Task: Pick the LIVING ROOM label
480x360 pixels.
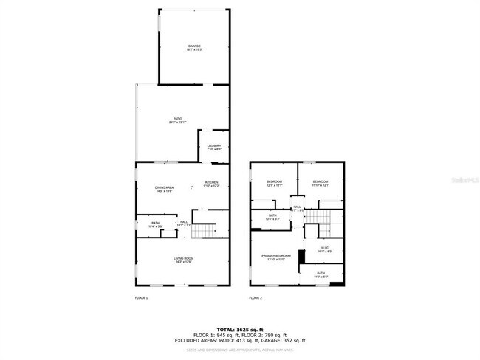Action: click(183, 259)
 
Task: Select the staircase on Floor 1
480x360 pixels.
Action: click(203, 232)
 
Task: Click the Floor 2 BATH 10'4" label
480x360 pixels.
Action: click(272, 217)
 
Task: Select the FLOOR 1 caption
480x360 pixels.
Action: click(141, 298)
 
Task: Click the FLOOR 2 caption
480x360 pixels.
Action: click(256, 298)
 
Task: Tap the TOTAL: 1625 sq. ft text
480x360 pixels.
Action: click(240, 329)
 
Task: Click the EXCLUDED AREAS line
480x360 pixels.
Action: click(240, 340)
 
